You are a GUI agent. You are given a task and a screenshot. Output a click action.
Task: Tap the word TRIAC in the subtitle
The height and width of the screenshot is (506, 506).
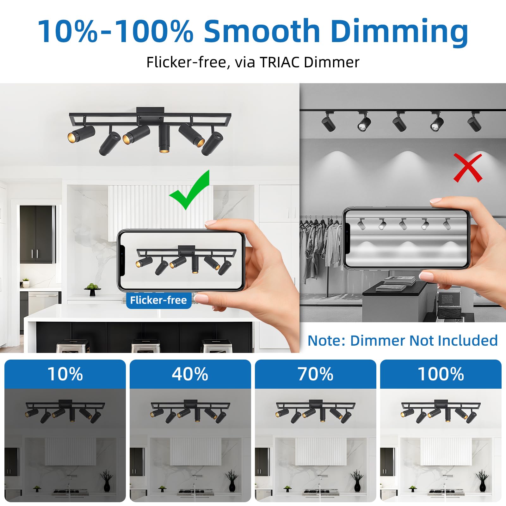click(x=280, y=62)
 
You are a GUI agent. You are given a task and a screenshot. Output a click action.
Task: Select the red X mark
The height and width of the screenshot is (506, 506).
click(x=468, y=168)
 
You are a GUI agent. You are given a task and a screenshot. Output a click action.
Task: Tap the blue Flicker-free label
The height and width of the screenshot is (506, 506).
click(x=158, y=300)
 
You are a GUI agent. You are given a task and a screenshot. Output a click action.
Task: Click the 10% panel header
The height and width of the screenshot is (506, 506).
click(x=65, y=374)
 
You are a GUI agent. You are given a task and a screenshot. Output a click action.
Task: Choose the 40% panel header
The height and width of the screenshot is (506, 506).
click(x=190, y=374)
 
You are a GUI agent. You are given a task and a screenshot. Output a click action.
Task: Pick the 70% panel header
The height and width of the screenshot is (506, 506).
click(x=316, y=374)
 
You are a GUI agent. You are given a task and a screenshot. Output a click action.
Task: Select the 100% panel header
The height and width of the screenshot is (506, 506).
click(x=441, y=374)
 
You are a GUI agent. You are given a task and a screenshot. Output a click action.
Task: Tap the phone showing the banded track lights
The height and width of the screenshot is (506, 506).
click(x=406, y=239)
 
